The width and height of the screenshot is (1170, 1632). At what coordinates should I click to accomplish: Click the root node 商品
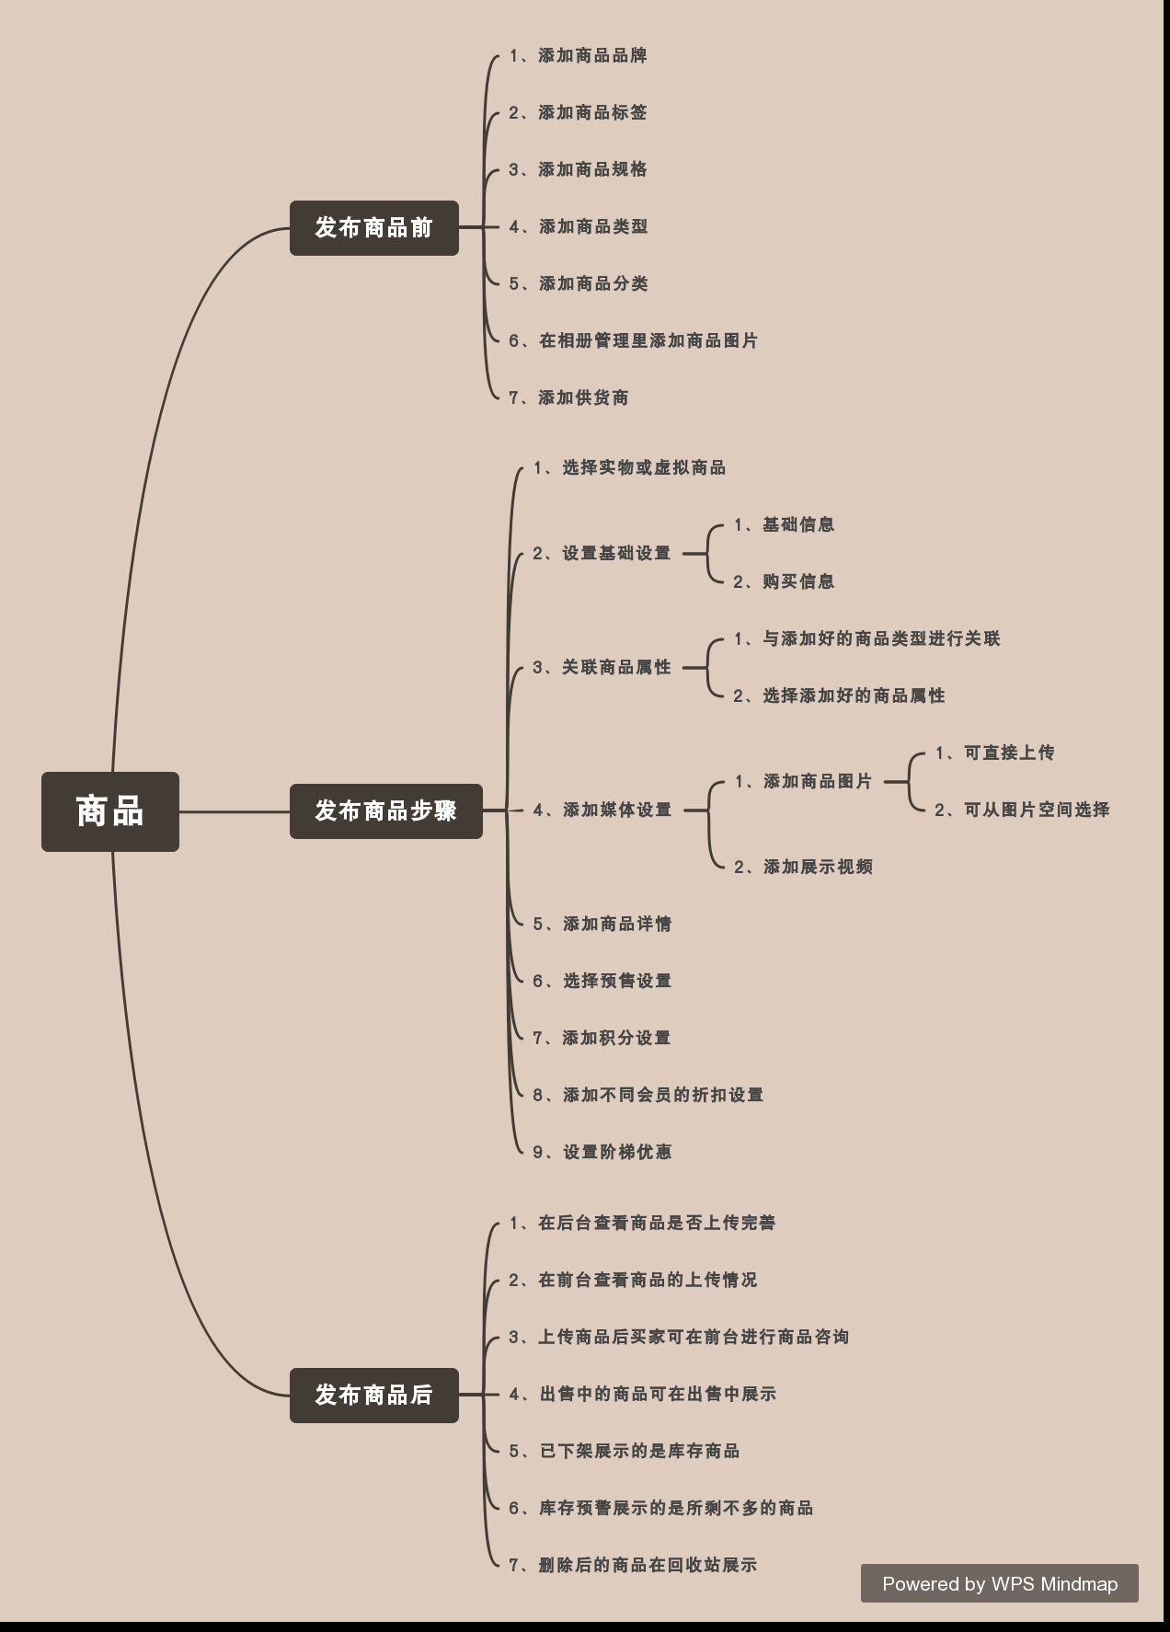(110, 811)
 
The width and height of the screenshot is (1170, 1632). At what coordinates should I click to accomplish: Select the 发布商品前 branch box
(373, 227)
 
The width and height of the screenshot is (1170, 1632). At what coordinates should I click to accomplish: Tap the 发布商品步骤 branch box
(385, 810)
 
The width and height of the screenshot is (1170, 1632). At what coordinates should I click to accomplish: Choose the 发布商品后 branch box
(373, 1395)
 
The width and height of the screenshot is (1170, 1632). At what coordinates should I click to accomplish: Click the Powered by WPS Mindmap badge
(999, 1583)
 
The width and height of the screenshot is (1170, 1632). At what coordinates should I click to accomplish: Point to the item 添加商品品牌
(579, 56)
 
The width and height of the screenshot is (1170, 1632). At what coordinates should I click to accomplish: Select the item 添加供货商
(569, 397)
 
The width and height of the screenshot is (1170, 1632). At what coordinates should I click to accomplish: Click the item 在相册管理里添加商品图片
(634, 340)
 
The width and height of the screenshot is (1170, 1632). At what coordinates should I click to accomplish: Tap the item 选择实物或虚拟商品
(630, 468)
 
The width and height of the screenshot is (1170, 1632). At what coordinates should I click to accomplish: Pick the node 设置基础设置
(602, 554)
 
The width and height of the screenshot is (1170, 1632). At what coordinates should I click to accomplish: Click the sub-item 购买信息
(785, 581)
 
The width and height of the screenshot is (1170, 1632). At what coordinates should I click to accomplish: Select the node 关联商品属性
(602, 668)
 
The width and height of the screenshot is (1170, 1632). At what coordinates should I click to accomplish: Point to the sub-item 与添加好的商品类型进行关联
(866, 638)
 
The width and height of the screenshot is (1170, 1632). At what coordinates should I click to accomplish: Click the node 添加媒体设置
(602, 810)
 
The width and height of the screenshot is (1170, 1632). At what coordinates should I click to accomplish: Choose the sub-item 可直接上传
(995, 753)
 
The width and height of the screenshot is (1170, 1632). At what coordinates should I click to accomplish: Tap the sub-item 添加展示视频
(803, 867)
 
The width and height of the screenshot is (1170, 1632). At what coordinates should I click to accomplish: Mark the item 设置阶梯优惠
(602, 1152)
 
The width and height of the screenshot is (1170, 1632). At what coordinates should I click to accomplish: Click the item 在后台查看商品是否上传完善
(643, 1223)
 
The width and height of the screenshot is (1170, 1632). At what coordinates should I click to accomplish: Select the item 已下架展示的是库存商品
(625, 1451)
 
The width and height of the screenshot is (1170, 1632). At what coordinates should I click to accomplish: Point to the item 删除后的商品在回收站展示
(634, 1565)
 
